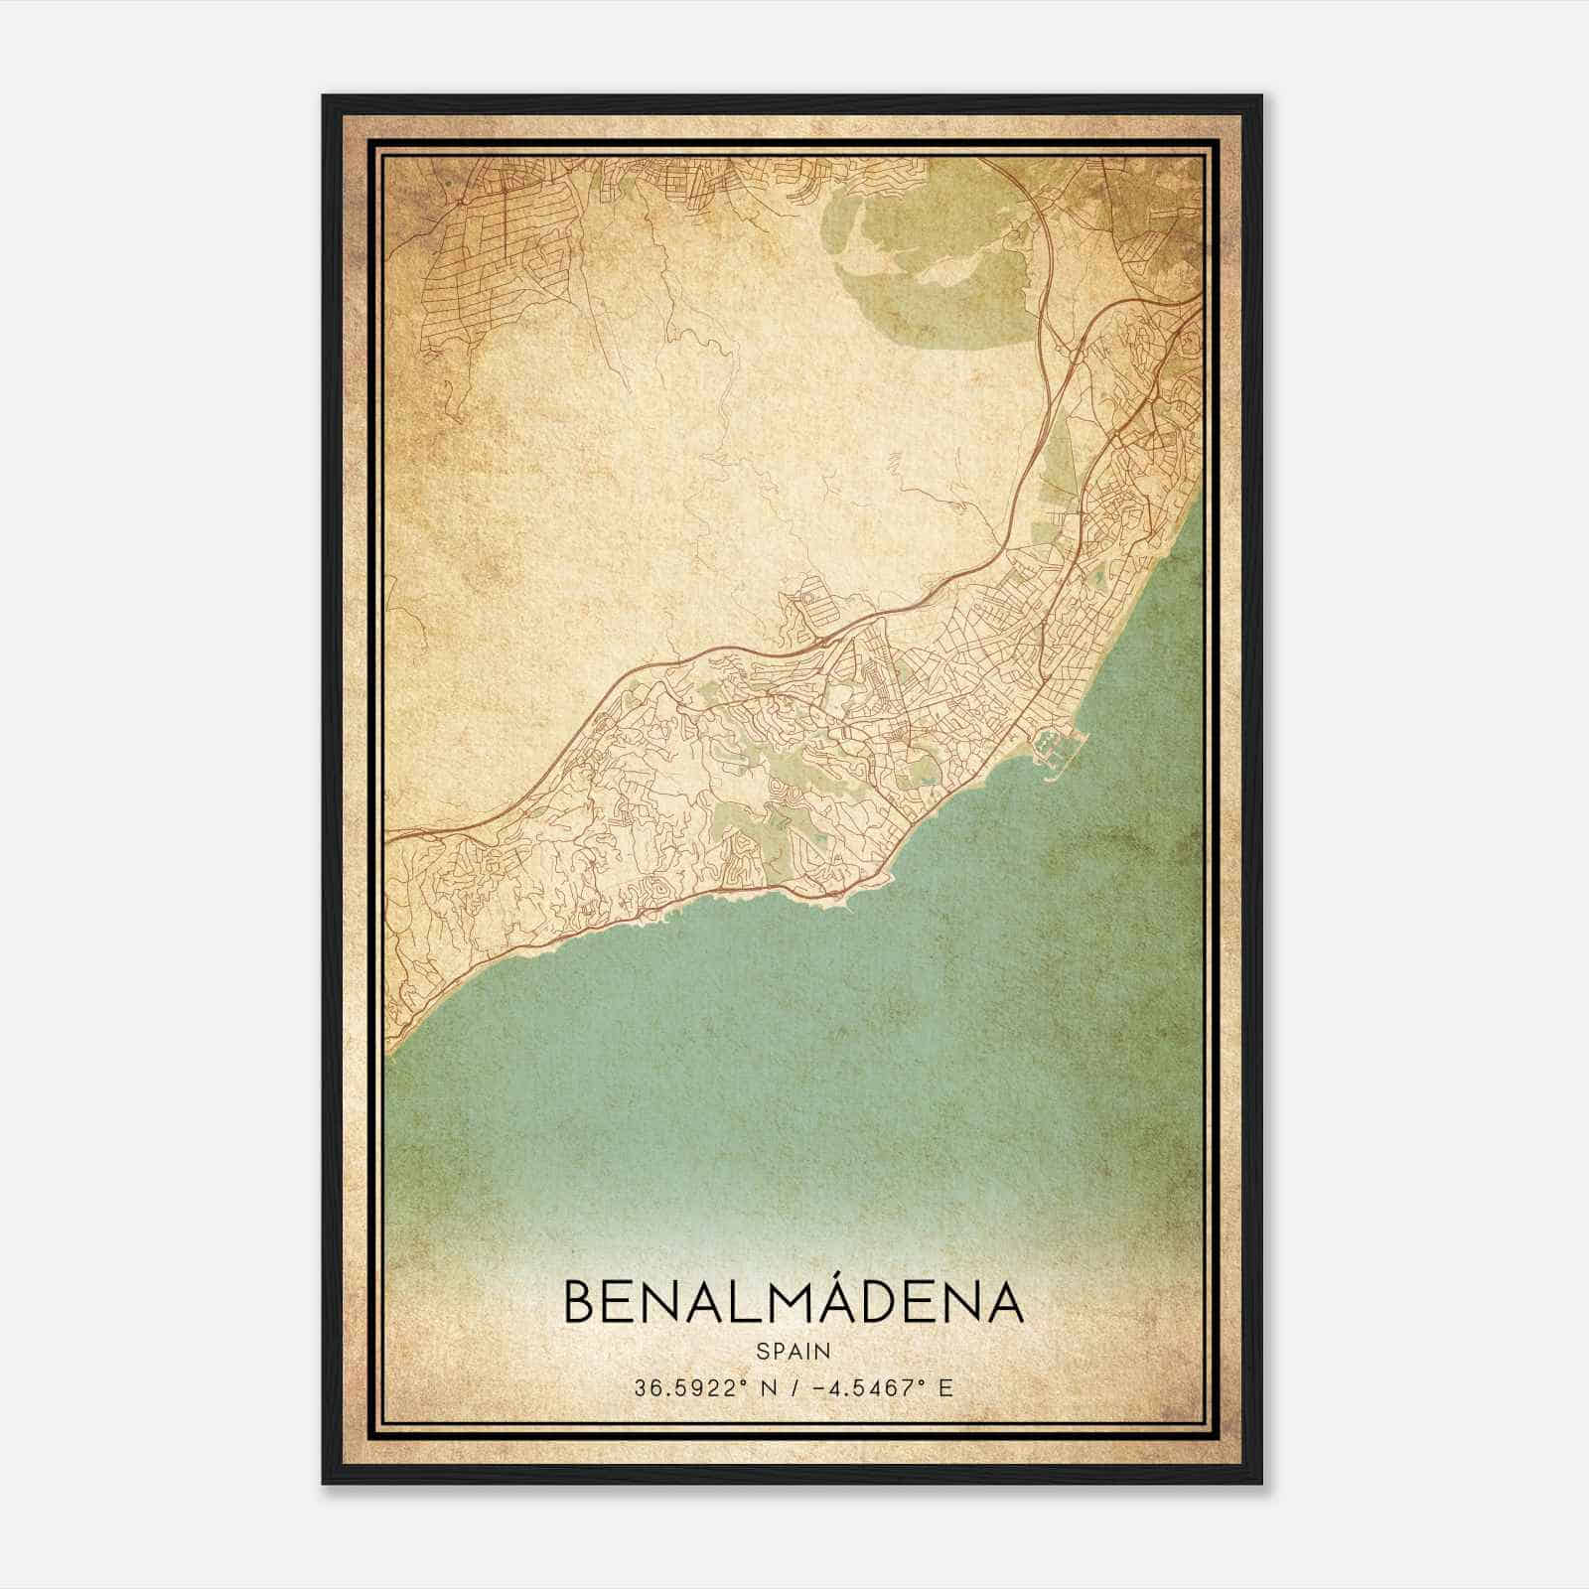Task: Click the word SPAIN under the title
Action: [x=794, y=1351]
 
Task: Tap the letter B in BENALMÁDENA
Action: [x=581, y=1303]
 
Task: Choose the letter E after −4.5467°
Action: [x=945, y=1388]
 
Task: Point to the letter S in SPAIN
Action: [x=762, y=1351]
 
